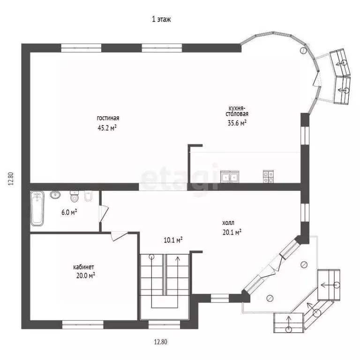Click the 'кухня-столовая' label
(x=237, y=111)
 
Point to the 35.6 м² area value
(x=237, y=123)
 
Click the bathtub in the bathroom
(x=37, y=210)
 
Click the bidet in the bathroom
(x=89, y=197)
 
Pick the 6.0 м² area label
(x=69, y=212)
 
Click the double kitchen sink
(x=230, y=177)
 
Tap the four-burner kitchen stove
(x=268, y=177)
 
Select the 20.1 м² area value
(x=232, y=232)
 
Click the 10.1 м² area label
(x=173, y=240)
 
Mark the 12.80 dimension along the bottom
(x=160, y=342)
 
